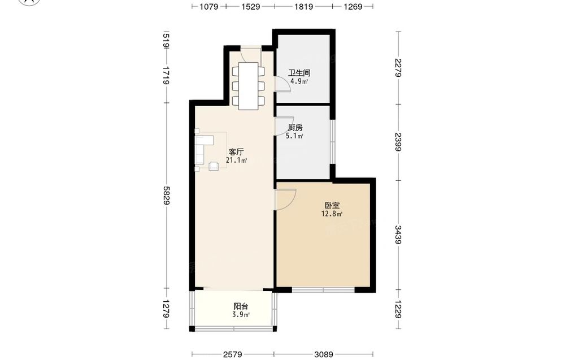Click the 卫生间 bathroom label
click(299, 73)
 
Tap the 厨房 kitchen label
click(295, 128)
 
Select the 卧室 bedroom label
click(332, 206)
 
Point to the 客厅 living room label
click(236, 152)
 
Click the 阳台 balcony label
click(241, 307)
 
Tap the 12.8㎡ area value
click(332, 214)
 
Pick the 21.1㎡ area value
click(236, 161)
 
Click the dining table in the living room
click(248, 86)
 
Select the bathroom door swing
click(282, 85)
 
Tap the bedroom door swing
click(285, 199)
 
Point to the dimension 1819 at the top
click(303, 6)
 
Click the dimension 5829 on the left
click(166, 196)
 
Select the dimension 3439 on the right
click(398, 235)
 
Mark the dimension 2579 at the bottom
click(232, 354)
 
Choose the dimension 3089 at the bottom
click(324, 354)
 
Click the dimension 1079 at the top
click(209, 6)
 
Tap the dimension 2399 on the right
click(398, 142)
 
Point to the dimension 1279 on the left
click(166, 309)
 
